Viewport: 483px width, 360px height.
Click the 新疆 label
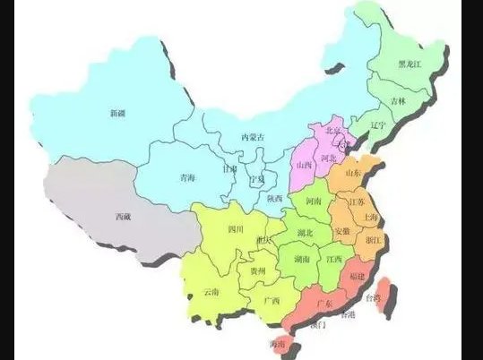118,113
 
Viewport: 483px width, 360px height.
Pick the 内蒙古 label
254,137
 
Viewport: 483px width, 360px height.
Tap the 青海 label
186,177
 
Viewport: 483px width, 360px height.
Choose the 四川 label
236,229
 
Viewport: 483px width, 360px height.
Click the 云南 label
211,292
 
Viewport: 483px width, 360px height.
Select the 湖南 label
302,259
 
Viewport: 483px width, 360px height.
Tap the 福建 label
357,276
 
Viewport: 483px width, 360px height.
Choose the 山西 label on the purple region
303,166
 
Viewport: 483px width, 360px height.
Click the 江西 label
334,259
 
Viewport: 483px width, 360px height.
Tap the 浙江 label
375,241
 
